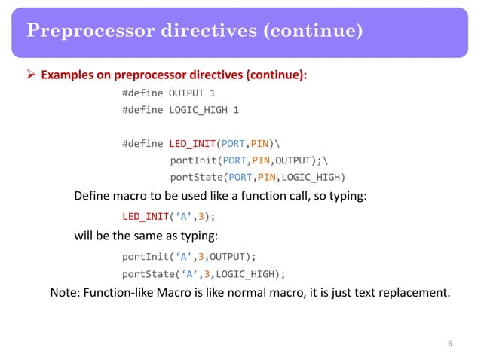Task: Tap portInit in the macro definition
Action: click(x=192, y=160)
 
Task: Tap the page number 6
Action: click(x=449, y=344)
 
